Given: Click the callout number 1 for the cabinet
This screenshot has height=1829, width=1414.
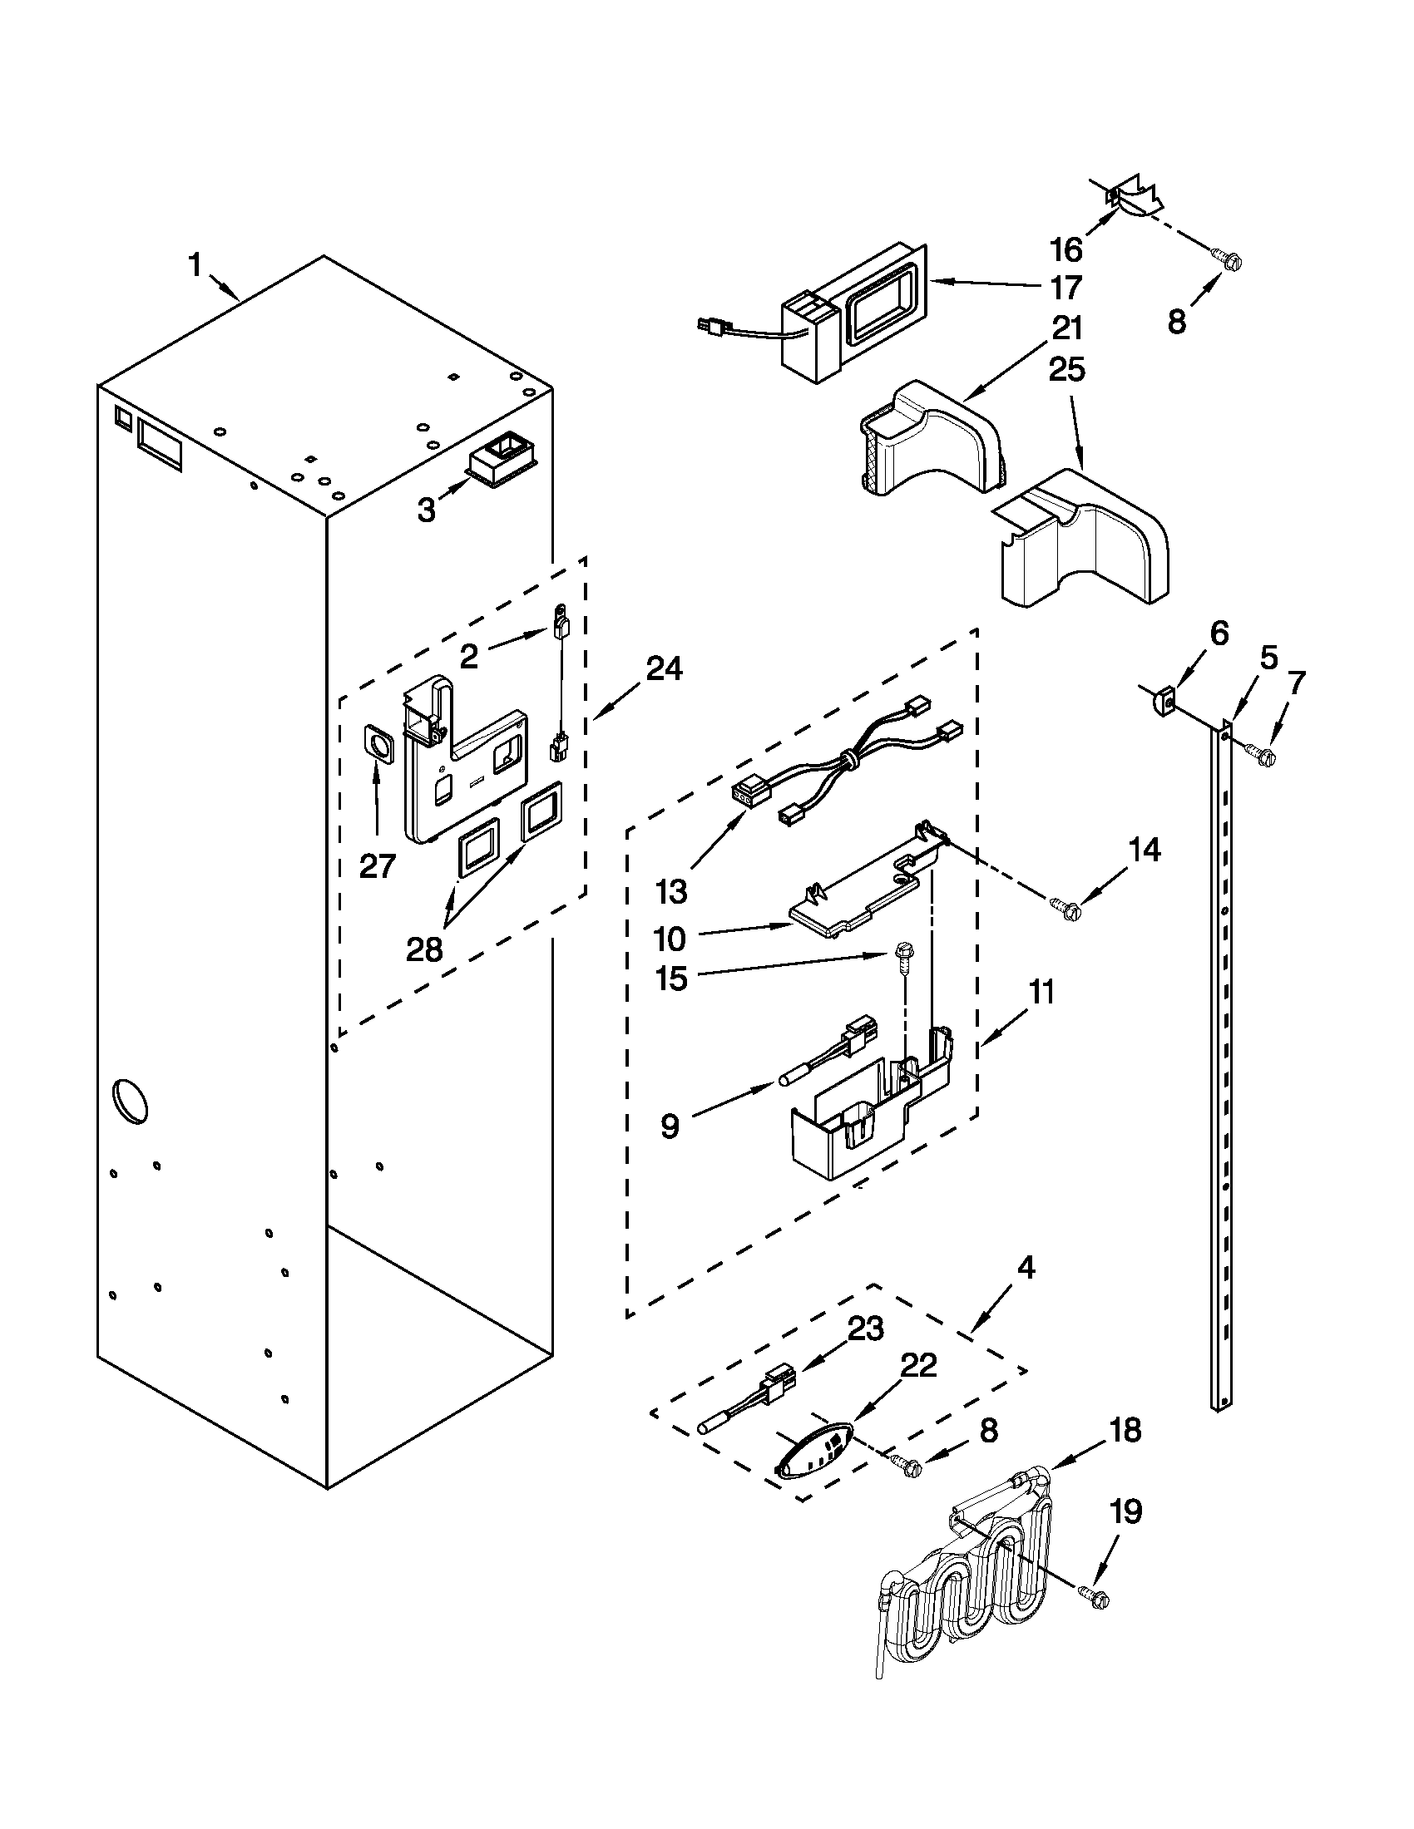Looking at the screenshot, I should click(x=195, y=266).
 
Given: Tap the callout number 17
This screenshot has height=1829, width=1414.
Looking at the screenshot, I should click(x=1065, y=288).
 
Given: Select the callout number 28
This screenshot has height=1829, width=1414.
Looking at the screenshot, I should click(x=424, y=949).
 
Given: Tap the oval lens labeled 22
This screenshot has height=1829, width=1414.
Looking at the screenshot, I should click(x=810, y=1451).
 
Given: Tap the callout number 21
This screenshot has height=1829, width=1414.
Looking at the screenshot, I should click(x=1066, y=328).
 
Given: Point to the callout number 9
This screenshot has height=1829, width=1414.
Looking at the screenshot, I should click(x=670, y=1126).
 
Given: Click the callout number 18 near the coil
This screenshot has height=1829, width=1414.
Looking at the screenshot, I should click(x=1125, y=1431).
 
